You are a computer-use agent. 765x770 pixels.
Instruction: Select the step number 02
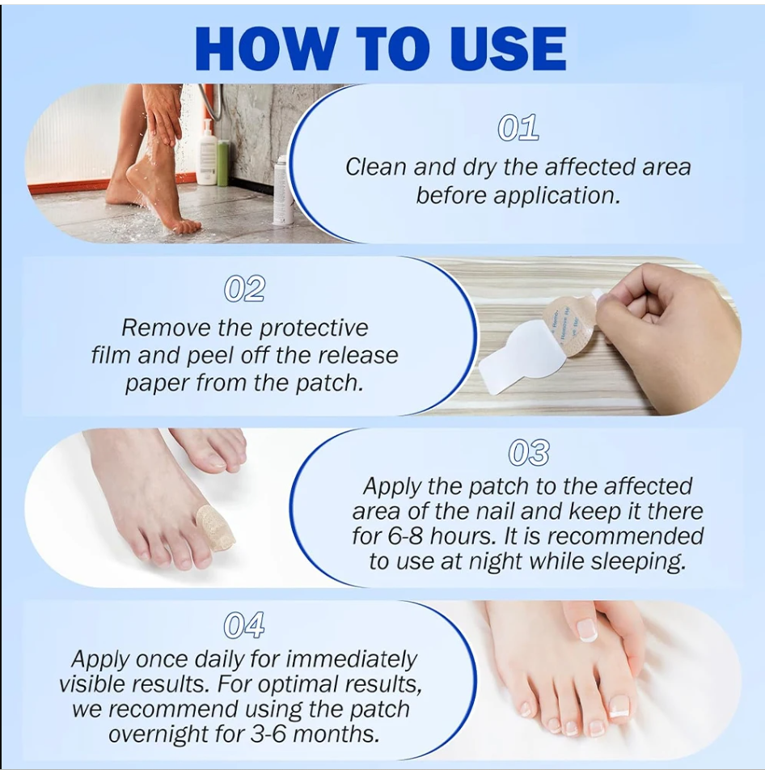[x=245, y=289]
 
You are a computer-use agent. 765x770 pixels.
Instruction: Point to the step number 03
[x=529, y=454]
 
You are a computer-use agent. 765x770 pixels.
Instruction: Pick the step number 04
[x=243, y=625]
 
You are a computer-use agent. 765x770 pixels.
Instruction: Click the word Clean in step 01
[x=376, y=167]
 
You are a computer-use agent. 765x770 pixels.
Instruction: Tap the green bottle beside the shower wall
[x=223, y=162]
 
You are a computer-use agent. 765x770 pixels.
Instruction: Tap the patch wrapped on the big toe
[x=215, y=527]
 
